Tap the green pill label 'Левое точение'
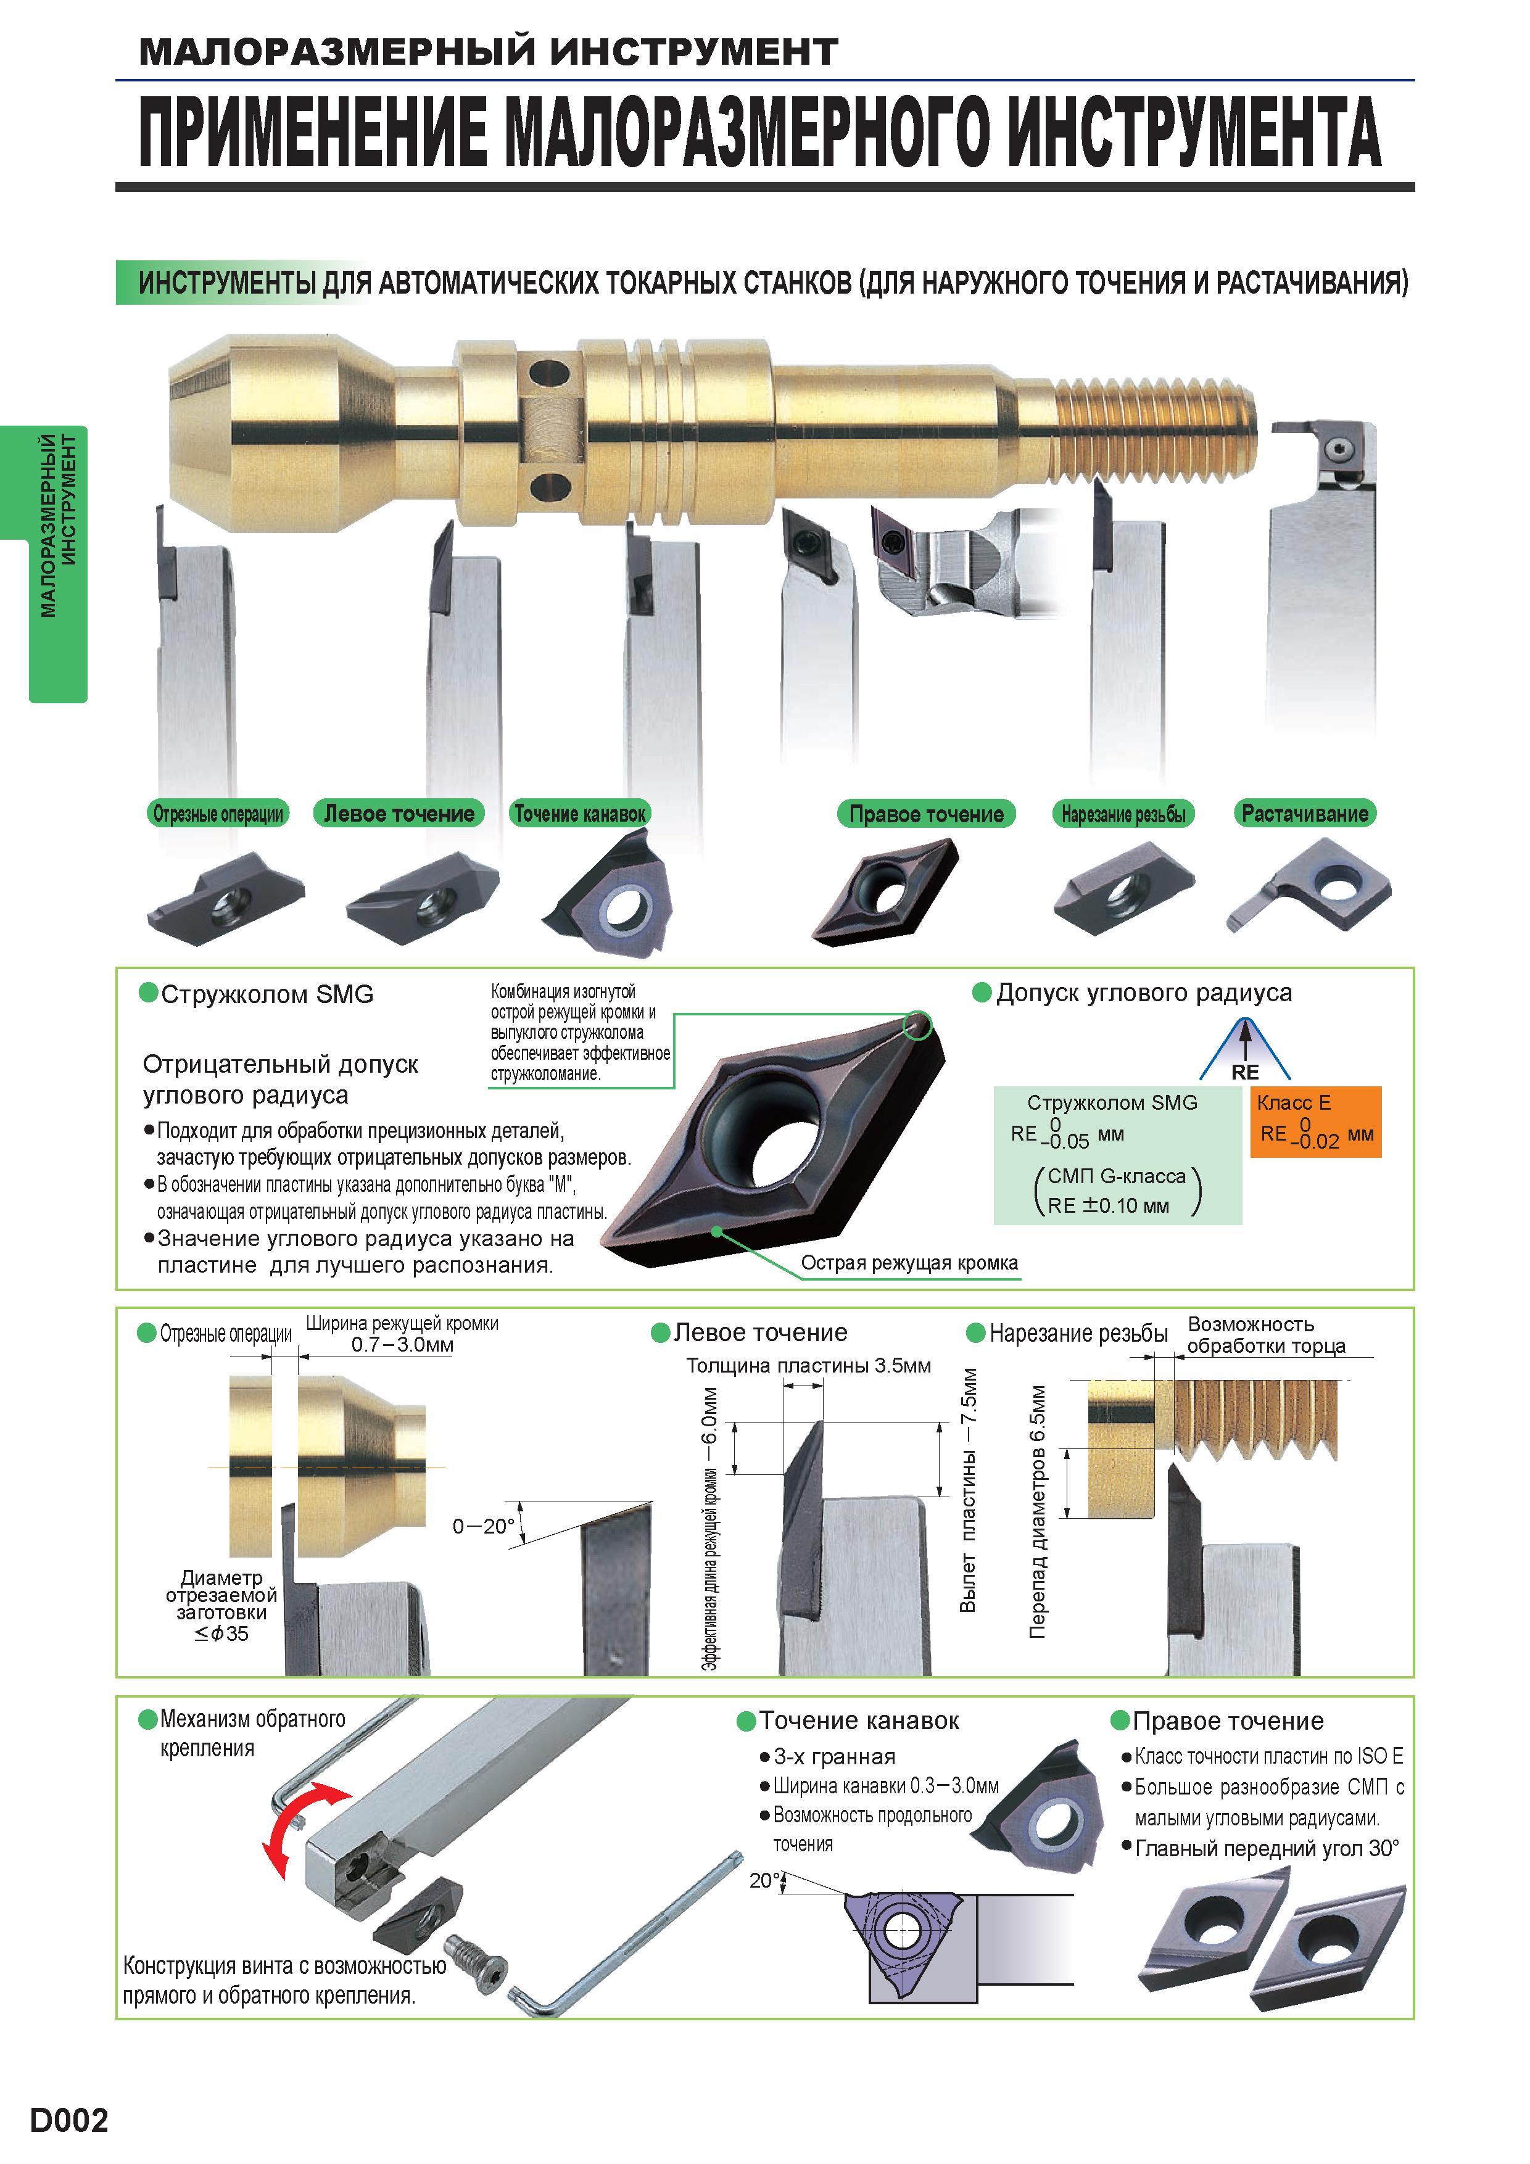click(x=399, y=814)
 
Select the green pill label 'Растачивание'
click(x=1305, y=814)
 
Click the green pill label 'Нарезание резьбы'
click(x=1123, y=814)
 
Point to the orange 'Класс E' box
click(x=1315, y=1121)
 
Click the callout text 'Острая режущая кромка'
click(x=909, y=1262)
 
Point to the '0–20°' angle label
click(x=484, y=1526)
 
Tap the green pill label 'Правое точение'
click(x=926, y=814)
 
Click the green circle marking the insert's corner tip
click(x=917, y=1025)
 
